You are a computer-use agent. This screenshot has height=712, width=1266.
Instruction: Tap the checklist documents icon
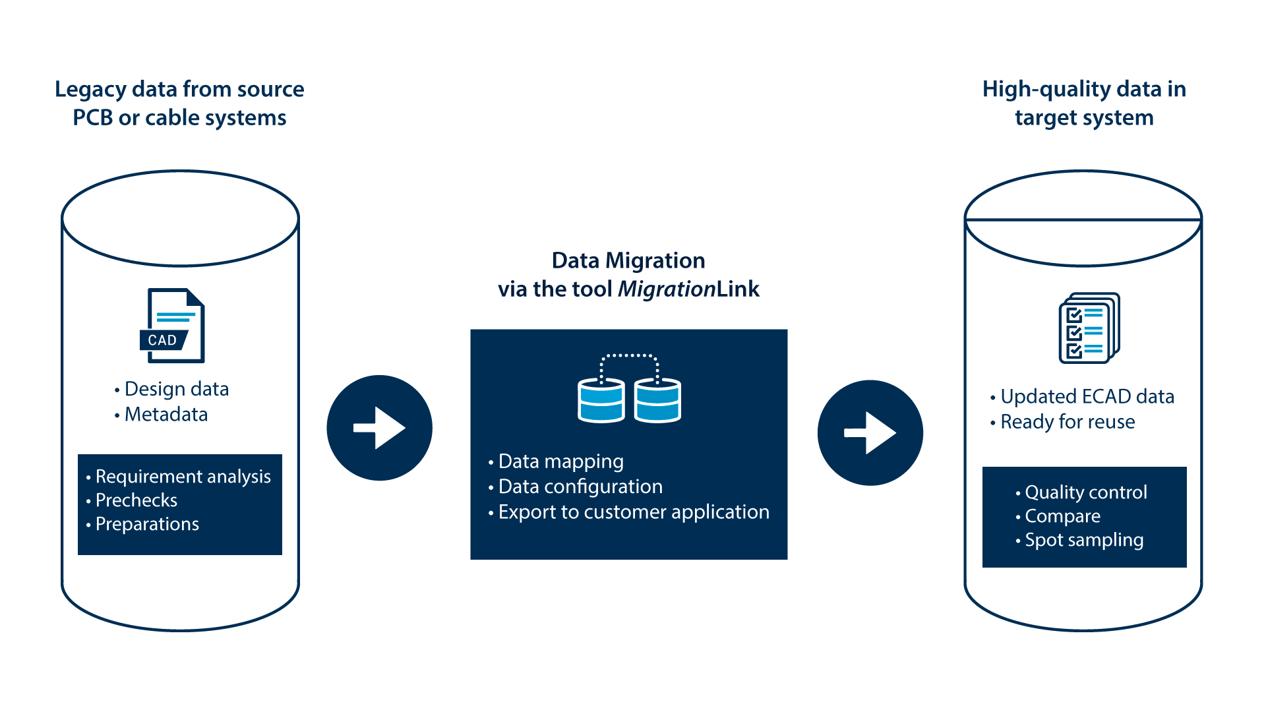click(x=1089, y=328)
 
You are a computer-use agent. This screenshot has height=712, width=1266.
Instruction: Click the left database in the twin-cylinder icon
click(x=601, y=400)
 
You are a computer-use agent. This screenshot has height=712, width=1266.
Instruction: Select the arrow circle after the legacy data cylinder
click(x=379, y=428)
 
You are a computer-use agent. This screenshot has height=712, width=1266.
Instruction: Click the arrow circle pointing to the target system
click(x=870, y=433)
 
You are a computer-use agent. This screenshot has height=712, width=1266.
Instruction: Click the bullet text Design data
click(x=176, y=389)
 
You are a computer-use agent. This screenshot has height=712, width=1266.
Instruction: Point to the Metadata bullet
click(x=166, y=415)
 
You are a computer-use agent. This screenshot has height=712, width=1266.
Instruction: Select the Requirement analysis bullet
click(x=183, y=477)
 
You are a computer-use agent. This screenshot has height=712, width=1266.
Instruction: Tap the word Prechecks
click(x=136, y=500)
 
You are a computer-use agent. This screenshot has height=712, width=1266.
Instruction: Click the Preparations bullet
click(x=146, y=524)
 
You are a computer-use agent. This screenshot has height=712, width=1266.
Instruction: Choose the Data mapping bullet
click(x=560, y=461)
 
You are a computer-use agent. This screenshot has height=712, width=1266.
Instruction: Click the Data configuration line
click(x=580, y=487)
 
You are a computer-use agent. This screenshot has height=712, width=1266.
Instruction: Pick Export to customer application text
click(x=633, y=512)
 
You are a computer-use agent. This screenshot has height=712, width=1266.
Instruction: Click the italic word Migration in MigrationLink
click(x=667, y=289)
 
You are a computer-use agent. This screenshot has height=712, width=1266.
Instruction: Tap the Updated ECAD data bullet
click(x=1087, y=397)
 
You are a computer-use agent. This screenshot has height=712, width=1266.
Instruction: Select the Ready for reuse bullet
click(x=1067, y=422)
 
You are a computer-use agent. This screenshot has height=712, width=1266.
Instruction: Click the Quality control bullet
click(x=1085, y=492)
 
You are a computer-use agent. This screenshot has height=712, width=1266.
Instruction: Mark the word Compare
click(x=1062, y=516)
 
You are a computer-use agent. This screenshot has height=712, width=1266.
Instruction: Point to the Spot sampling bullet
click(x=1083, y=540)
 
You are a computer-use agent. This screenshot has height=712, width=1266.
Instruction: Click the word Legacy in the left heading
click(x=90, y=90)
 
